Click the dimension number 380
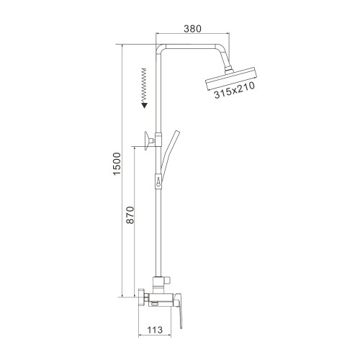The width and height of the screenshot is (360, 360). [192, 29]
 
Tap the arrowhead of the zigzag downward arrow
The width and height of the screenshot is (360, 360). [145, 105]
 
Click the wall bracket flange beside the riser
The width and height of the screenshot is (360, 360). [146, 139]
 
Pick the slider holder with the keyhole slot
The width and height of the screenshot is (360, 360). [158, 182]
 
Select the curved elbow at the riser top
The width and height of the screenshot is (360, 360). [161, 48]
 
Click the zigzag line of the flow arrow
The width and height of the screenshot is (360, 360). [145, 84]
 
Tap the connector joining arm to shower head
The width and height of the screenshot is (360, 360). [229, 69]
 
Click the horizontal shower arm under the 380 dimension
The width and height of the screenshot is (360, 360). [194, 45]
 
